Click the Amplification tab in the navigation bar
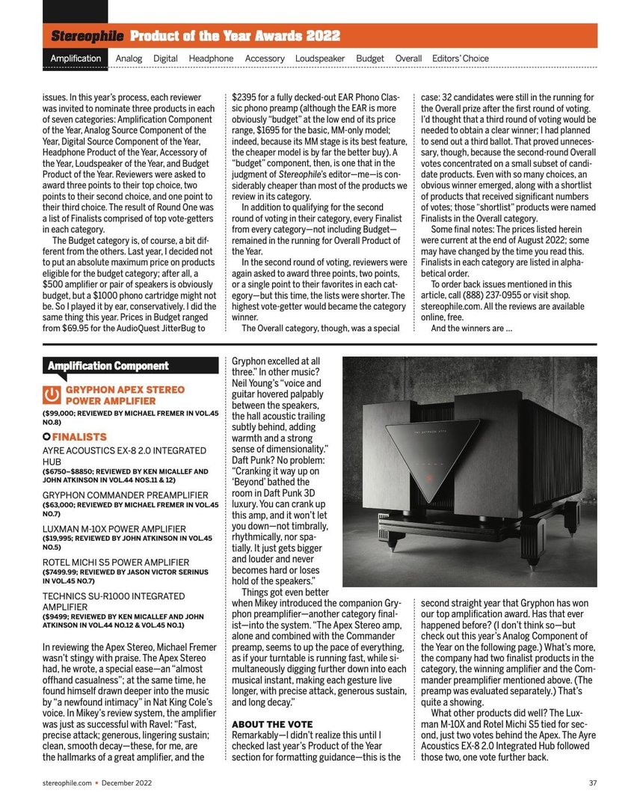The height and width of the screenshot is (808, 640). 76,58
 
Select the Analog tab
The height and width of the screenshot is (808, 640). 129,58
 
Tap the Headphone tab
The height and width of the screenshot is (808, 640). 211,58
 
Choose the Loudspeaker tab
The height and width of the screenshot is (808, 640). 320,58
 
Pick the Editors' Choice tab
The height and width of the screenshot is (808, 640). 461,58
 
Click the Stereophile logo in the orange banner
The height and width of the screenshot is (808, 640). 87,35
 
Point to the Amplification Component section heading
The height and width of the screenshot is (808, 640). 108,366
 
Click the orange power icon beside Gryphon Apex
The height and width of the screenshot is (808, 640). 52,394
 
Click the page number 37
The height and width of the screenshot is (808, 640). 592,784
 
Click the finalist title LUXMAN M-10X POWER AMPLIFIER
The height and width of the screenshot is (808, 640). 114,529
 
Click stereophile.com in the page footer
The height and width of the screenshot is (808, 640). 67,784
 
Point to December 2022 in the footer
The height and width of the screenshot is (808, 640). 126,784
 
